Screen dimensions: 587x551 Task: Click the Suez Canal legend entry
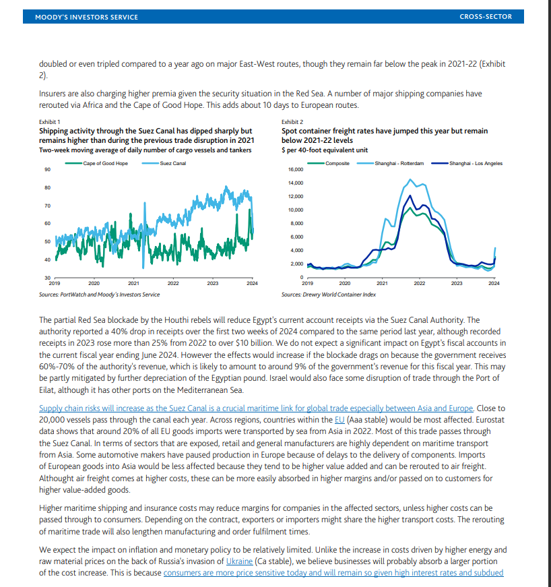click(x=173, y=164)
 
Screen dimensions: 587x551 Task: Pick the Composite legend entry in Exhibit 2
click(x=337, y=164)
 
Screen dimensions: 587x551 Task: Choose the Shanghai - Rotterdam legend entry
click(x=400, y=164)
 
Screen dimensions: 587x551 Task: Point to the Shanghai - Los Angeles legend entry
click(x=476, y=164)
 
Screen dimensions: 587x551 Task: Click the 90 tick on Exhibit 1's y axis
click(x=46, y=169)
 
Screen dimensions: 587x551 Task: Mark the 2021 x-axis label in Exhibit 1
click(x=133, y=284)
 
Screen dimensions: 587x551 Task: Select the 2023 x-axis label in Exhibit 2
click(x=457, y=284)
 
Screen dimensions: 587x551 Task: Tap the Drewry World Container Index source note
click(x=329, y=295)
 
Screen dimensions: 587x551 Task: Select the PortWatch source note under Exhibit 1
click(x=100, y=295)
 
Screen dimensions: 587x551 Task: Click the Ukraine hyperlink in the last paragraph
click(x=240, y=561)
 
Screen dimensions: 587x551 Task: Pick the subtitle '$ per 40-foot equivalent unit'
click(x=324, y=149)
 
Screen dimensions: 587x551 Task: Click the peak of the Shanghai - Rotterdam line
click(x=410, y=179)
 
